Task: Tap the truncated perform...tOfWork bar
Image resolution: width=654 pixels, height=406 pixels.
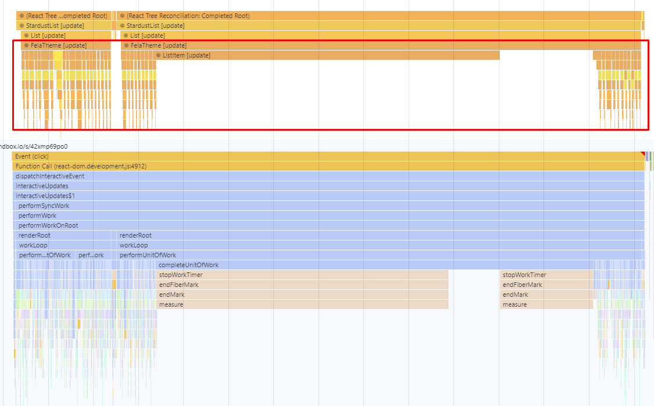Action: (45, 255)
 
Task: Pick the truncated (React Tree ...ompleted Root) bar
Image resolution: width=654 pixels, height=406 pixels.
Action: (63, 16)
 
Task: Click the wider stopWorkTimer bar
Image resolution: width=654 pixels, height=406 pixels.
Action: (302, 275)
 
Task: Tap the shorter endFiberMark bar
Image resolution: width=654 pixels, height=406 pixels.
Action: (546, 285)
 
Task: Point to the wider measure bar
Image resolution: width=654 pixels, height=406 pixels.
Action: (302, 304)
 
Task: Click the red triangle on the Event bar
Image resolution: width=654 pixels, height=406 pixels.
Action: (643, 154)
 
